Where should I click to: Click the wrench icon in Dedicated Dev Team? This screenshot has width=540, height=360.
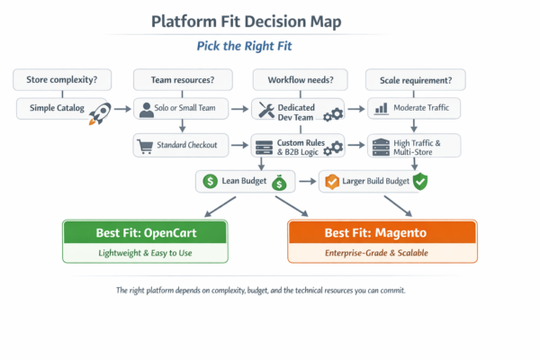[x=265, y=110]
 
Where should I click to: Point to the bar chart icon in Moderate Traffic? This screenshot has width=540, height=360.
[x=381, y=110]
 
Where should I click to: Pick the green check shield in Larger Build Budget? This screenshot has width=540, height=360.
[x=419, y=182]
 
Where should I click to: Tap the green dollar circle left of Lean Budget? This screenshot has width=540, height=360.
[x=211, y=182]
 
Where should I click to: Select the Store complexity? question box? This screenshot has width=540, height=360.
[x=58, y=79]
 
